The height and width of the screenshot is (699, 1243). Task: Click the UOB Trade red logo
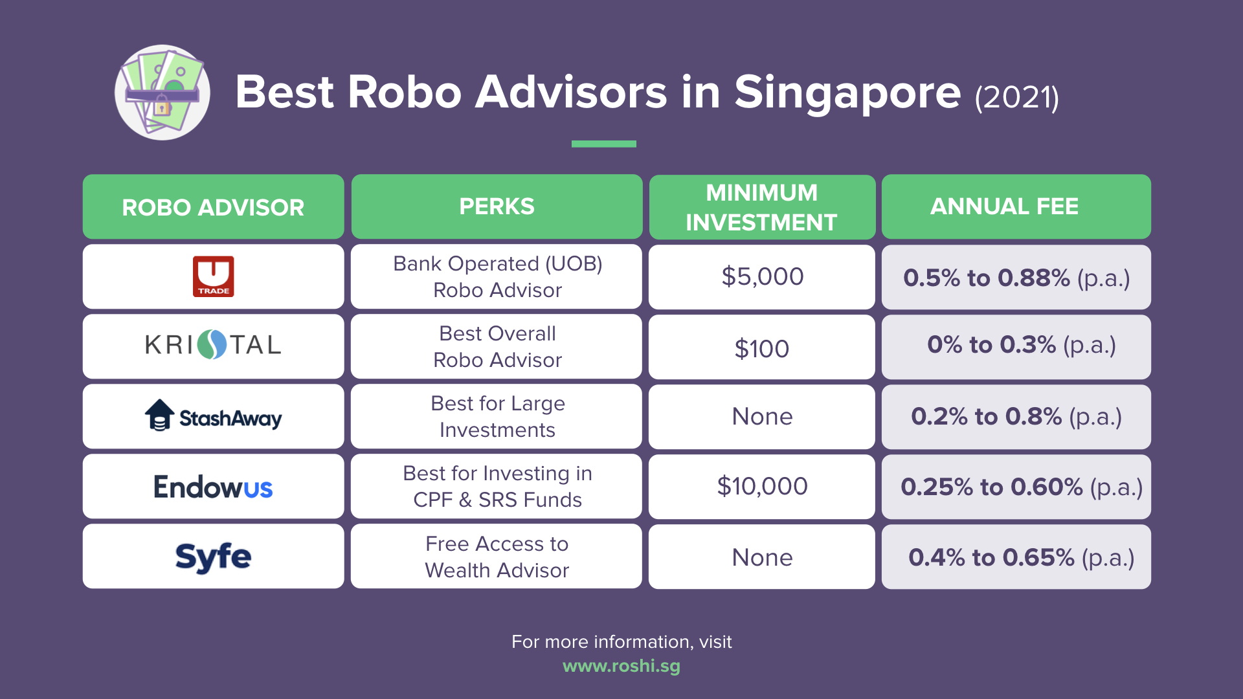[213, 276]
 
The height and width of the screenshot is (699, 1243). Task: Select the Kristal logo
[213, 345]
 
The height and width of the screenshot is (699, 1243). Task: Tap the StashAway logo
[213, 416]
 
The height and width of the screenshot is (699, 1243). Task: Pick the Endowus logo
[213, 487]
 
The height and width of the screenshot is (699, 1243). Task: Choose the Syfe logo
[213, 557]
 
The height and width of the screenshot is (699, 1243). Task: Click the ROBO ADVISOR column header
[213, 207]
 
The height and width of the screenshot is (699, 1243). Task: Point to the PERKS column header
[497, 206]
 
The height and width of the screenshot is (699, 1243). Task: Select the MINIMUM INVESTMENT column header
[761, 207]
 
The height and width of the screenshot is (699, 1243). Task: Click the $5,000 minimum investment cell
[762, 277]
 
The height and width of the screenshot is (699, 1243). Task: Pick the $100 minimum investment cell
[761, 349]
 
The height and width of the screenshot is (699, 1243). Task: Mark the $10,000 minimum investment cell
[762, 486]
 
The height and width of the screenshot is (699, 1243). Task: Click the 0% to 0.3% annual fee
[1022, 345]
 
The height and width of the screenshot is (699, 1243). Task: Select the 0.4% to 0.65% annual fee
[1021, 557]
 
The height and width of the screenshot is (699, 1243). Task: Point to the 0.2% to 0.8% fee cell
[1016, 416]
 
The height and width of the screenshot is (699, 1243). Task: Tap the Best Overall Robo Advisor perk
[497, 346]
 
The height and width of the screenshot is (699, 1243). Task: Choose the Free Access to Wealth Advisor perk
[497, 557]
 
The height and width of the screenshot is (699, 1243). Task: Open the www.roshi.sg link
[621, 666]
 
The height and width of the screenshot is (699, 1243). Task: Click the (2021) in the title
[1017, 98]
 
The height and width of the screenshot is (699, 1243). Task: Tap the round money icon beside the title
[162, 93]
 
